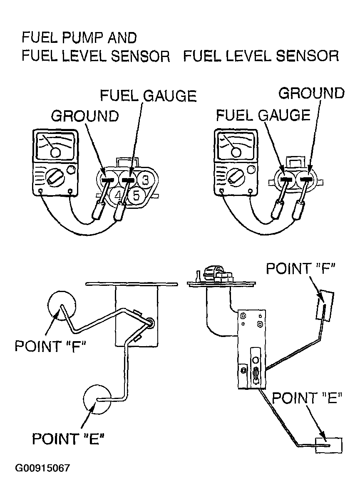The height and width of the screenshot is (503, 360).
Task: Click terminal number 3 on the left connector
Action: click(145, 180)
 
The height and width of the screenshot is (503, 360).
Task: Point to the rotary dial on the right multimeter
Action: click(236, 178)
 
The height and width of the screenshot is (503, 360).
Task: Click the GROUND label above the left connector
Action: click(85, 116)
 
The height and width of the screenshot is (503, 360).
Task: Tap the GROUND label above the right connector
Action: click(311, 93)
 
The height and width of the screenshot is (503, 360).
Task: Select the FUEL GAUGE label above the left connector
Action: click(148, 96)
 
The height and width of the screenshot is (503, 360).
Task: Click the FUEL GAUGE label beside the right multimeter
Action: click(263, 115)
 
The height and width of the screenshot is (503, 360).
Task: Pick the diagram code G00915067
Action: click(42, 468)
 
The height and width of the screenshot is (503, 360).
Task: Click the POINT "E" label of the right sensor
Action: click(307, 398)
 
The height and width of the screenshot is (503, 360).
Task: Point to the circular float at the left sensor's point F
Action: click(62, 306)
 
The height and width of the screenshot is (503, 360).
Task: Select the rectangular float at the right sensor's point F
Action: click(325, 306)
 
